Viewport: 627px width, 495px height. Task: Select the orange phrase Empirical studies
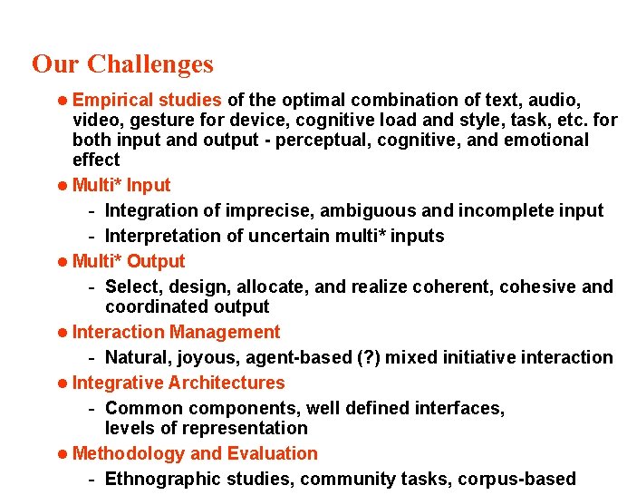(147, 100)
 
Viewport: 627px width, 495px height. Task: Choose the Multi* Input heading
(121, 185)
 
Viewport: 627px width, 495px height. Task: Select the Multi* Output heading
(129, 261)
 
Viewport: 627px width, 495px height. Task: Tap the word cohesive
(539, 286)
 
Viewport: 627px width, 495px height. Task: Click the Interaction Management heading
(176, 332)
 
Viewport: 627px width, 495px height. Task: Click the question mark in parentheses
(343, 357)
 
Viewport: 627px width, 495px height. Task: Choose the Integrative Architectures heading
(178, 383)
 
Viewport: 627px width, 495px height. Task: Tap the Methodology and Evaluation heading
(195, 453)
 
